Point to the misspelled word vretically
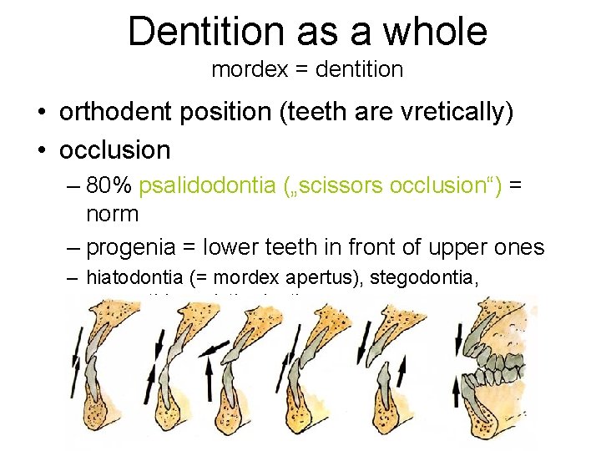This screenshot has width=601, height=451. tap(455, 114)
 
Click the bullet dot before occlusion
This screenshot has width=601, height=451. tap(41, 150)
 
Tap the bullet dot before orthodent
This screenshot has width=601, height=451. tap(41, 114)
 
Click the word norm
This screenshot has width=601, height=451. tap(113, 214)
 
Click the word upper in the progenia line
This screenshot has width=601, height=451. tap(471, 247)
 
